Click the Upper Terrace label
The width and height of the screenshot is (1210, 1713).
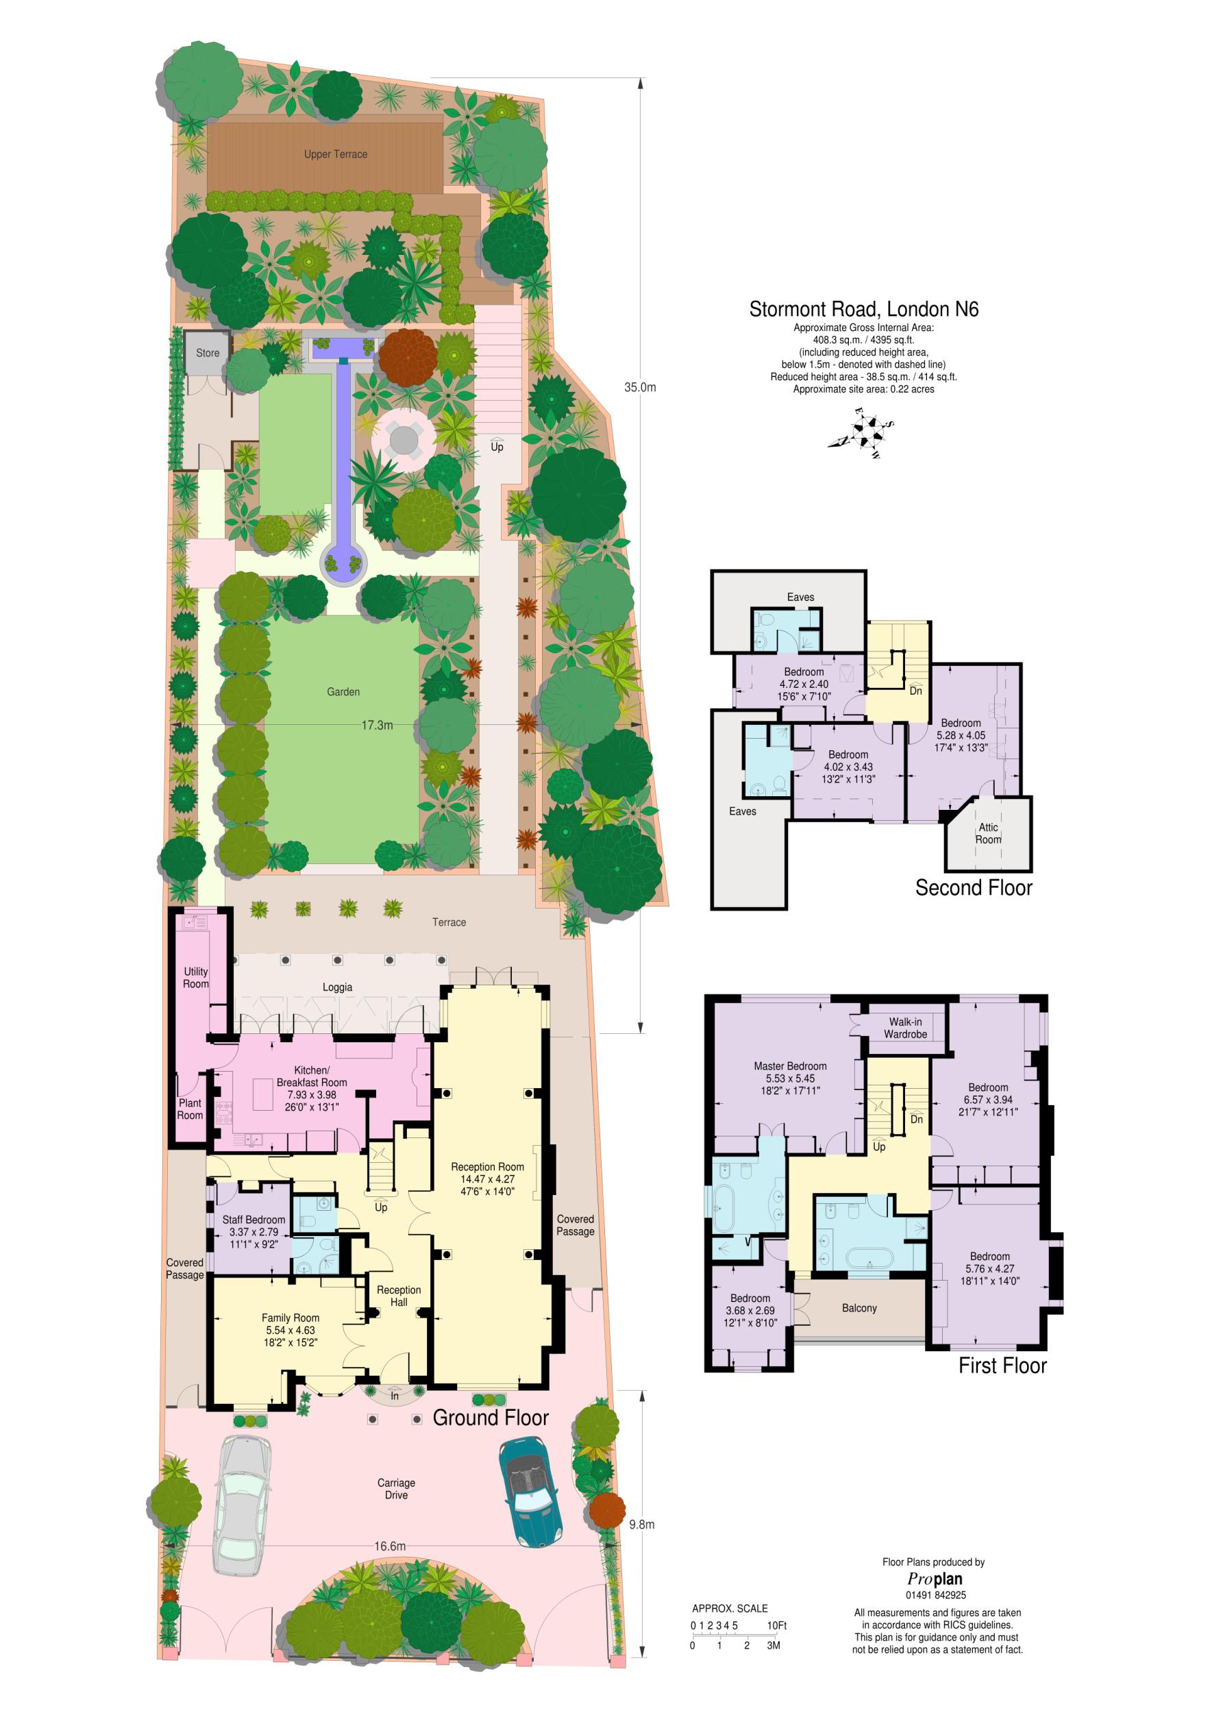coord(335,154)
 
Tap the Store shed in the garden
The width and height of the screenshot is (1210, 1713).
coord(208,352)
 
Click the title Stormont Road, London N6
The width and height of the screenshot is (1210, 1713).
coord(863,309)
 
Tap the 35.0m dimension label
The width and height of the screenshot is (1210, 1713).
coord(640,387)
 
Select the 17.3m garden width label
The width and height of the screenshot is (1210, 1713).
coord(377,724)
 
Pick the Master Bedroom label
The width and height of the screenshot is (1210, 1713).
coord(790,1066)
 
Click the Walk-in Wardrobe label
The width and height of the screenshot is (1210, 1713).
coord(905,1027)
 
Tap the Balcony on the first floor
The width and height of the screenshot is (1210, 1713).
coord(859,1308)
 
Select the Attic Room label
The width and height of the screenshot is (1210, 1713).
coord(989,833)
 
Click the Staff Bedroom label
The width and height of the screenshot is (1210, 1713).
coord(254,1220)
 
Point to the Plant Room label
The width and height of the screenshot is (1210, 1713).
coord(190,1109)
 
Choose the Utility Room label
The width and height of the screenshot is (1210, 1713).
coord(195,977)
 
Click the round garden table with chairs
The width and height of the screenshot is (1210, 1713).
coord(403,439)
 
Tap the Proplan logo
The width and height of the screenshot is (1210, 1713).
coord(934,1579)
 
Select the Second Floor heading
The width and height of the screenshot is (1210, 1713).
coord(974,888)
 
